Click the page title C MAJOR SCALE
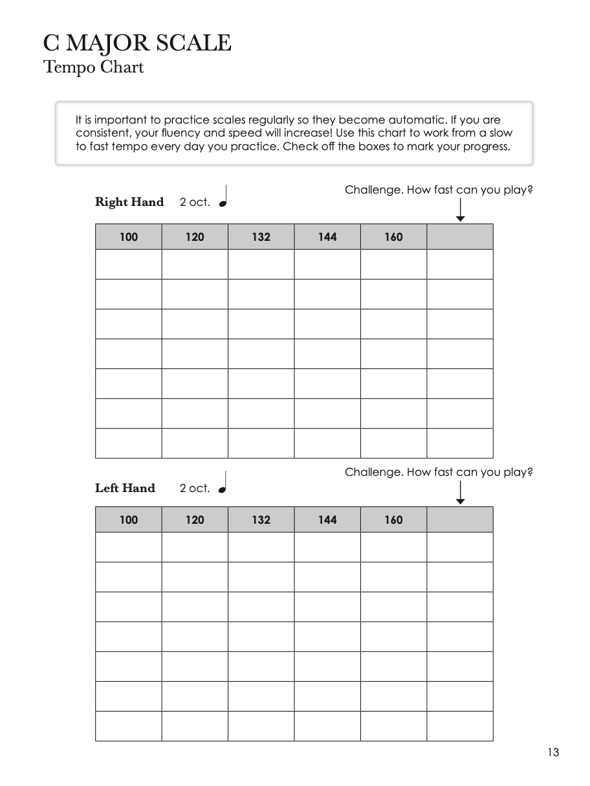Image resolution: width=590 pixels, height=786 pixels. point(137,43)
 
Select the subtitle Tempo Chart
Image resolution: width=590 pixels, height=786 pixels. point(93,67)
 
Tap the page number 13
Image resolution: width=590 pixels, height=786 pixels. point(552,752)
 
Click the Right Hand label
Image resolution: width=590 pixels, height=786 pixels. point(129,202)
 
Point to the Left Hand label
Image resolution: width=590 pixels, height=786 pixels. point(125,488)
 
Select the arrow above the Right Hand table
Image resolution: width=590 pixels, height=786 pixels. point(460,210)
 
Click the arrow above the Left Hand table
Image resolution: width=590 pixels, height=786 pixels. point(460,493)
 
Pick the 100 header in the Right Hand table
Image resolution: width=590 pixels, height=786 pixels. point(129,237)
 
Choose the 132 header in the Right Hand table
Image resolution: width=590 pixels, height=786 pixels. point(261,237)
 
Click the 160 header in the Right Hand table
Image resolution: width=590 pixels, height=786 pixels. point(393,237)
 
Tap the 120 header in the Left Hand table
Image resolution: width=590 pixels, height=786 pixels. point(195,520)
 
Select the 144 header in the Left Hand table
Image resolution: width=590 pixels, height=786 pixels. point(327,520)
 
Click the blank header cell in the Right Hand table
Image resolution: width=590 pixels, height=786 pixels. point(460,237)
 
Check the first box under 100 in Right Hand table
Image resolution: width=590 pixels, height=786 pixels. point(129,264)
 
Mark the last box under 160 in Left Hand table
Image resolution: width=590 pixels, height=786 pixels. point(393,726)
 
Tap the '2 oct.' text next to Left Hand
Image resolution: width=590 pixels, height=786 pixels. point(195,489)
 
